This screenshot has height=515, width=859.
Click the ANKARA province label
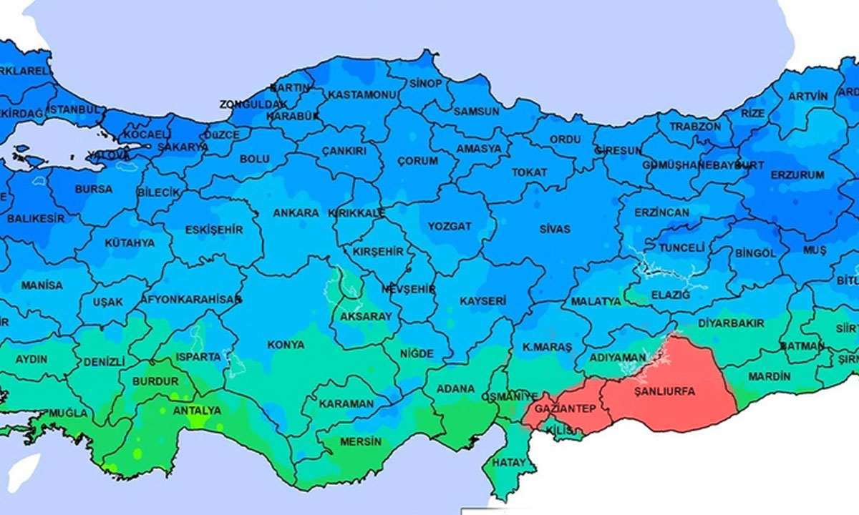[x=296, y=213]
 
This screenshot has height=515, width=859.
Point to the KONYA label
[x=286, y=345]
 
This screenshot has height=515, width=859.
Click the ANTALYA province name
[x=197, y=411]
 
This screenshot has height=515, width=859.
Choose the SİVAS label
[x=555, y=229]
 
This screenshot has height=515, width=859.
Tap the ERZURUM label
[x=797, y=175]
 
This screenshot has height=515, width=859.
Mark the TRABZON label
[x=695, y=126]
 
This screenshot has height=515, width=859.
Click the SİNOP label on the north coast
[x=425, y=83]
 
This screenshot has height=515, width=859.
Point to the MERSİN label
[x=358, y=441]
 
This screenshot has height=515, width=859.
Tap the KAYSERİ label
[x=483, y=301]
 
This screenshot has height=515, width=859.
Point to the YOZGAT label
[x=450, y=226]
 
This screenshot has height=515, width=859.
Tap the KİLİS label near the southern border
[x=556, y=431]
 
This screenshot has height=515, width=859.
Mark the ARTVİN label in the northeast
[x=807, y=96]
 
